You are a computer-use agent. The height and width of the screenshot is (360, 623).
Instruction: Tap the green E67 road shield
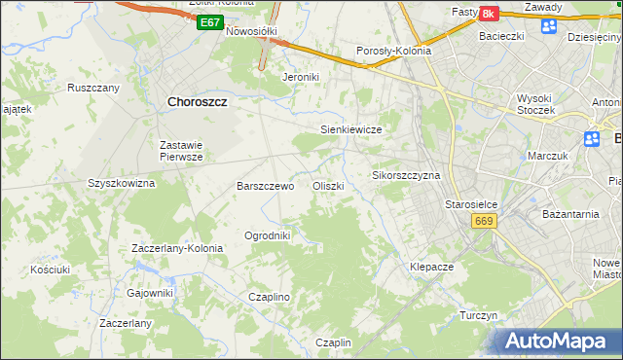coord(208,22)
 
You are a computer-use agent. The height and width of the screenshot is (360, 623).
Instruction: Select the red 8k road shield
coord(488,13)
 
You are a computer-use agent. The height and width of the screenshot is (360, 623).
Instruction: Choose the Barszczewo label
coord(266,185)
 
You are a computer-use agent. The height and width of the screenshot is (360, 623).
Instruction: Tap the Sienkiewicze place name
coord(349,128)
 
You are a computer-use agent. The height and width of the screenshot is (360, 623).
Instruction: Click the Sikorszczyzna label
coord(407,176)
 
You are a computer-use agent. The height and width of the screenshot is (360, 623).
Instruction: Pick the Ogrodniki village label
coord(267,235)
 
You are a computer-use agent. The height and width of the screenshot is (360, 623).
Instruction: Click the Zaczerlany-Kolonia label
coord(177,248)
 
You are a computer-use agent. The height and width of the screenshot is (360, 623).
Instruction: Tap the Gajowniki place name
coord(150,292)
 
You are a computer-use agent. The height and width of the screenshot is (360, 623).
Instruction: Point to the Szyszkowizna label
coord(122,183)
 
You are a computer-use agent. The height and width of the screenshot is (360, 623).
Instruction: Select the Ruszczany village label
coord(93,88)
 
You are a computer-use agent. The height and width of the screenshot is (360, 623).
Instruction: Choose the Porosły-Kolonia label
coord(393,52)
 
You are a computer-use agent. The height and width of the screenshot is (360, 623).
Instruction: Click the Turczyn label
coord(479,316)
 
